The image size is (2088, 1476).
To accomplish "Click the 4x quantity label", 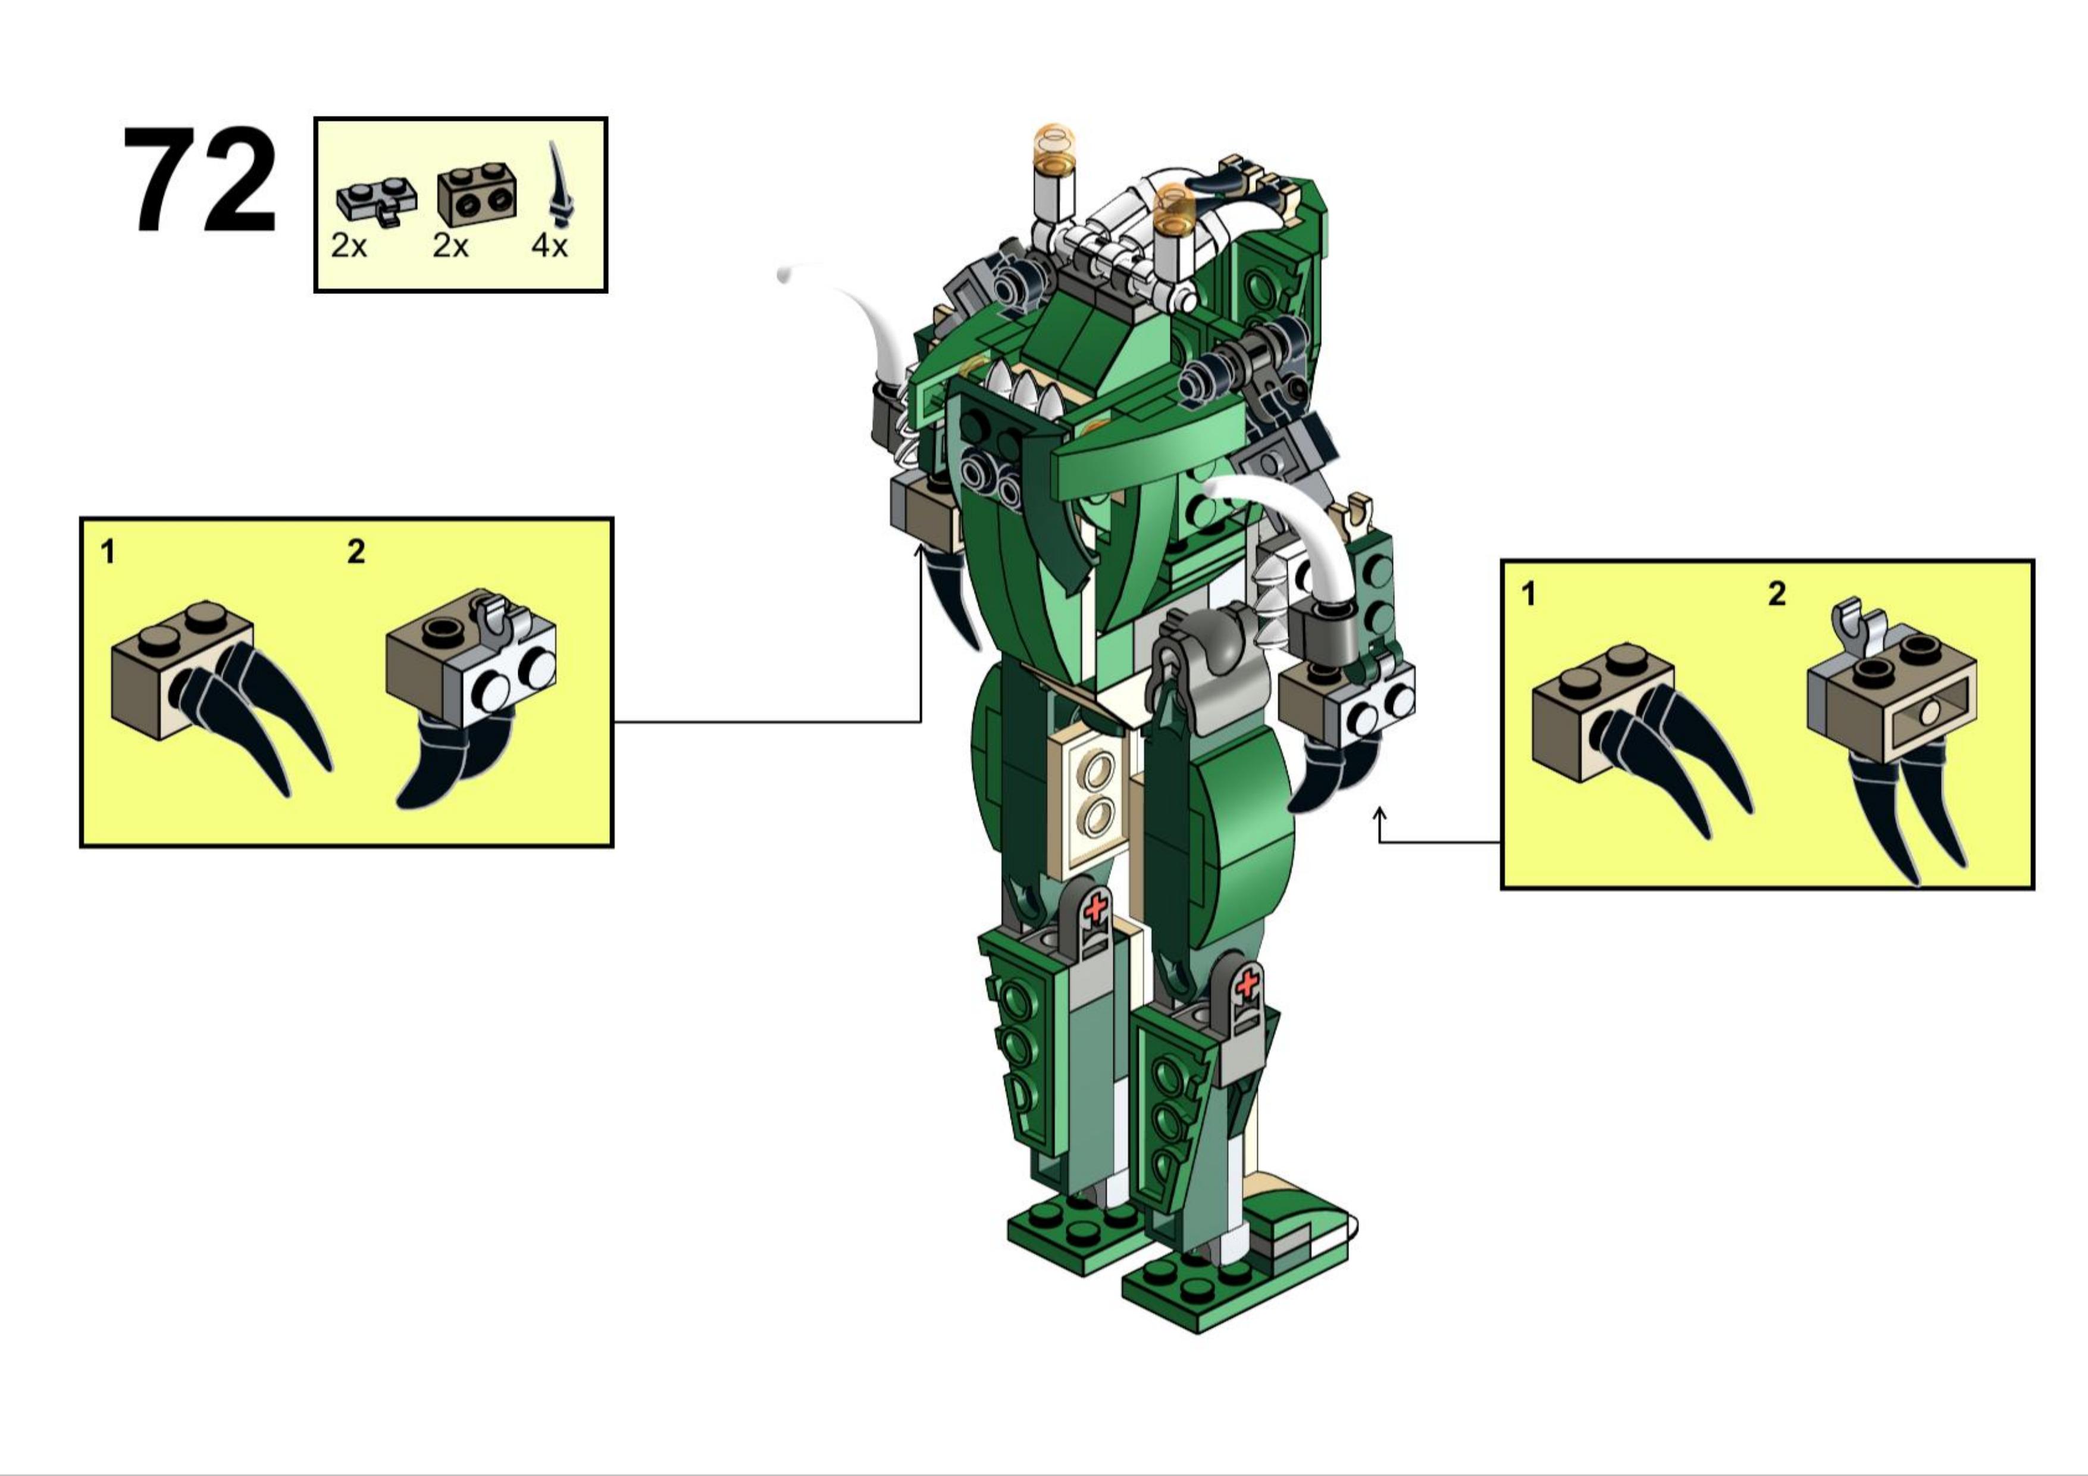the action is click(549, 246).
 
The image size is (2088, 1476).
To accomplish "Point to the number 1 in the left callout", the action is click(108, 551).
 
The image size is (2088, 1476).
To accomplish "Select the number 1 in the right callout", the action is click(1529, 594).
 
